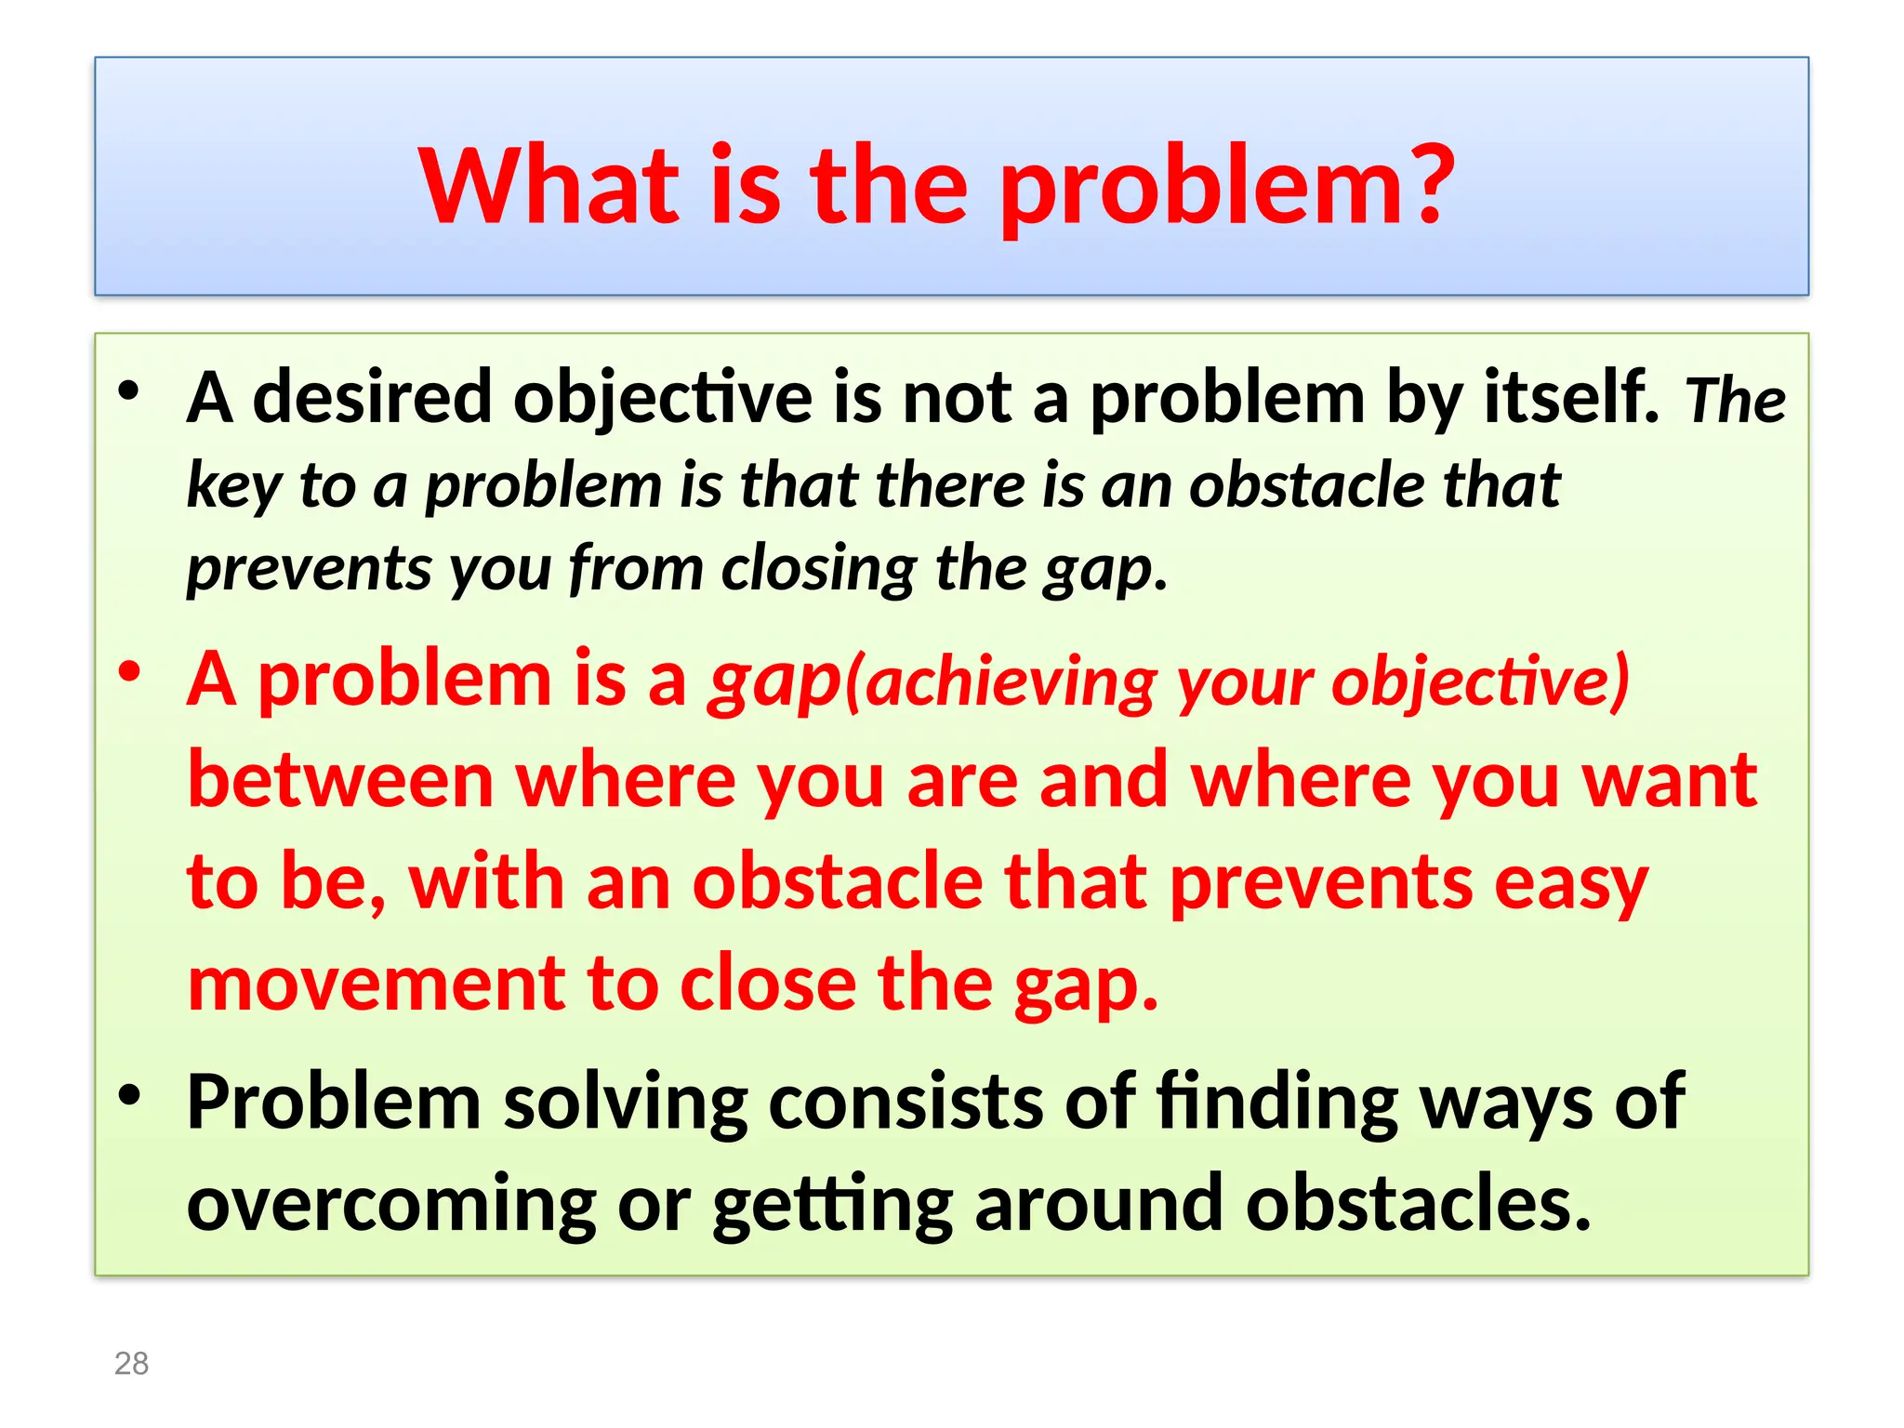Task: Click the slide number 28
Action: [x=131, y=1363]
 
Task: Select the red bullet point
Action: [x=129, y=671]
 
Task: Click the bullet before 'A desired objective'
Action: [x=129, y=390]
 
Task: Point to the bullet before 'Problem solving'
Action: [x=129, y=1094]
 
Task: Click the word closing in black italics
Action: [x=818, y=569]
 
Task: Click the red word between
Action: [x=340, y=781]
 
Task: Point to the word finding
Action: [x=1277, y=1103]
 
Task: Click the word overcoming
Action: [x=391, y=1205]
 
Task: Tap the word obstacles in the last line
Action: [x=1418, y=1203]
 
